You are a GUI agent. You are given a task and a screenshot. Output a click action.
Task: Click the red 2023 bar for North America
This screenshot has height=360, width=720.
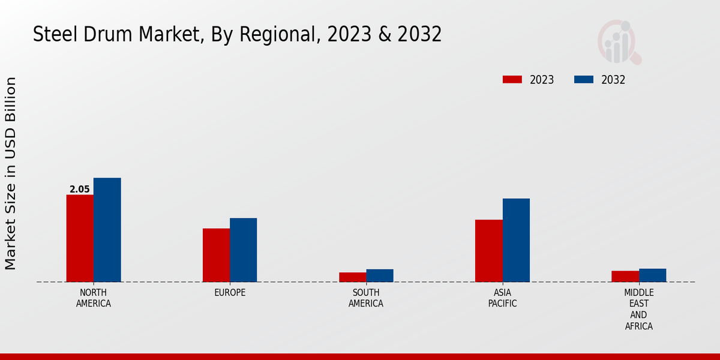coord(80,238)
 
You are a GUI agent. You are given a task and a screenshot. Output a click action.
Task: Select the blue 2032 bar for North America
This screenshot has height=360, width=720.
coord(107,230)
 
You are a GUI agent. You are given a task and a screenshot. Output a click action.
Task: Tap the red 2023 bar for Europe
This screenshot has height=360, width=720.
coord(216,255)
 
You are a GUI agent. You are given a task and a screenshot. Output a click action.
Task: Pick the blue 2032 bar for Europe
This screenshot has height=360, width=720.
coord(243,250)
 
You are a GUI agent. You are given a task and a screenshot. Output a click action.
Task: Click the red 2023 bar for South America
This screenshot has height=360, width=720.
coord(352,277)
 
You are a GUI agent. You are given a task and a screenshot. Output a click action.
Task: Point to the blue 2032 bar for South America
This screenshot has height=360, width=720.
coord(380,275)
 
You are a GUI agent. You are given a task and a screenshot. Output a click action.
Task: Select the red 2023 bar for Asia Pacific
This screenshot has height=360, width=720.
coord(488,251)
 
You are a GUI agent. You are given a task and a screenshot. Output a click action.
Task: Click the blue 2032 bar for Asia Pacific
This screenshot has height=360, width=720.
coord(516,240)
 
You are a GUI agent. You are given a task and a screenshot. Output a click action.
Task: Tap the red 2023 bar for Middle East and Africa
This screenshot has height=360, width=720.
coord(625,276)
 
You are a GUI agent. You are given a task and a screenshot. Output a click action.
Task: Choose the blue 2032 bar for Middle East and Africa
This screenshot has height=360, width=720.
coord(652,275)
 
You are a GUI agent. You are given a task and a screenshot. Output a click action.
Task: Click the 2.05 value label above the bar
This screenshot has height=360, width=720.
coord(80,190)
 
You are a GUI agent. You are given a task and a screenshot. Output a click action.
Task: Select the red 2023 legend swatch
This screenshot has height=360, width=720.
coord(512,80)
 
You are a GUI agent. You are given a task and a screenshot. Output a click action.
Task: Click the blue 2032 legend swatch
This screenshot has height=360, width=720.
coord(584,80)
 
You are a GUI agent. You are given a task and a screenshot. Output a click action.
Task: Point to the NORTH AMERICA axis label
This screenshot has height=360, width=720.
coord(94,298)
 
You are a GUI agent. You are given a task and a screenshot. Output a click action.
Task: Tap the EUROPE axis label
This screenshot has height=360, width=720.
coord(230,293)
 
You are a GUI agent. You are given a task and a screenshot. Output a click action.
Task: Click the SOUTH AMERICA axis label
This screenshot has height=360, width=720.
coord(366,298)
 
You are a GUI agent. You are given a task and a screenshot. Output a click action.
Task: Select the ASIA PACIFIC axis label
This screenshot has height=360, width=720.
coord(502,298)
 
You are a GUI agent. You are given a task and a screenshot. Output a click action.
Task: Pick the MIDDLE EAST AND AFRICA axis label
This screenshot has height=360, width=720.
coord(638,310)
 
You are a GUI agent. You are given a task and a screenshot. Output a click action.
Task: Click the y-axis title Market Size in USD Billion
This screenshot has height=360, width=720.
coord(11,173)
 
